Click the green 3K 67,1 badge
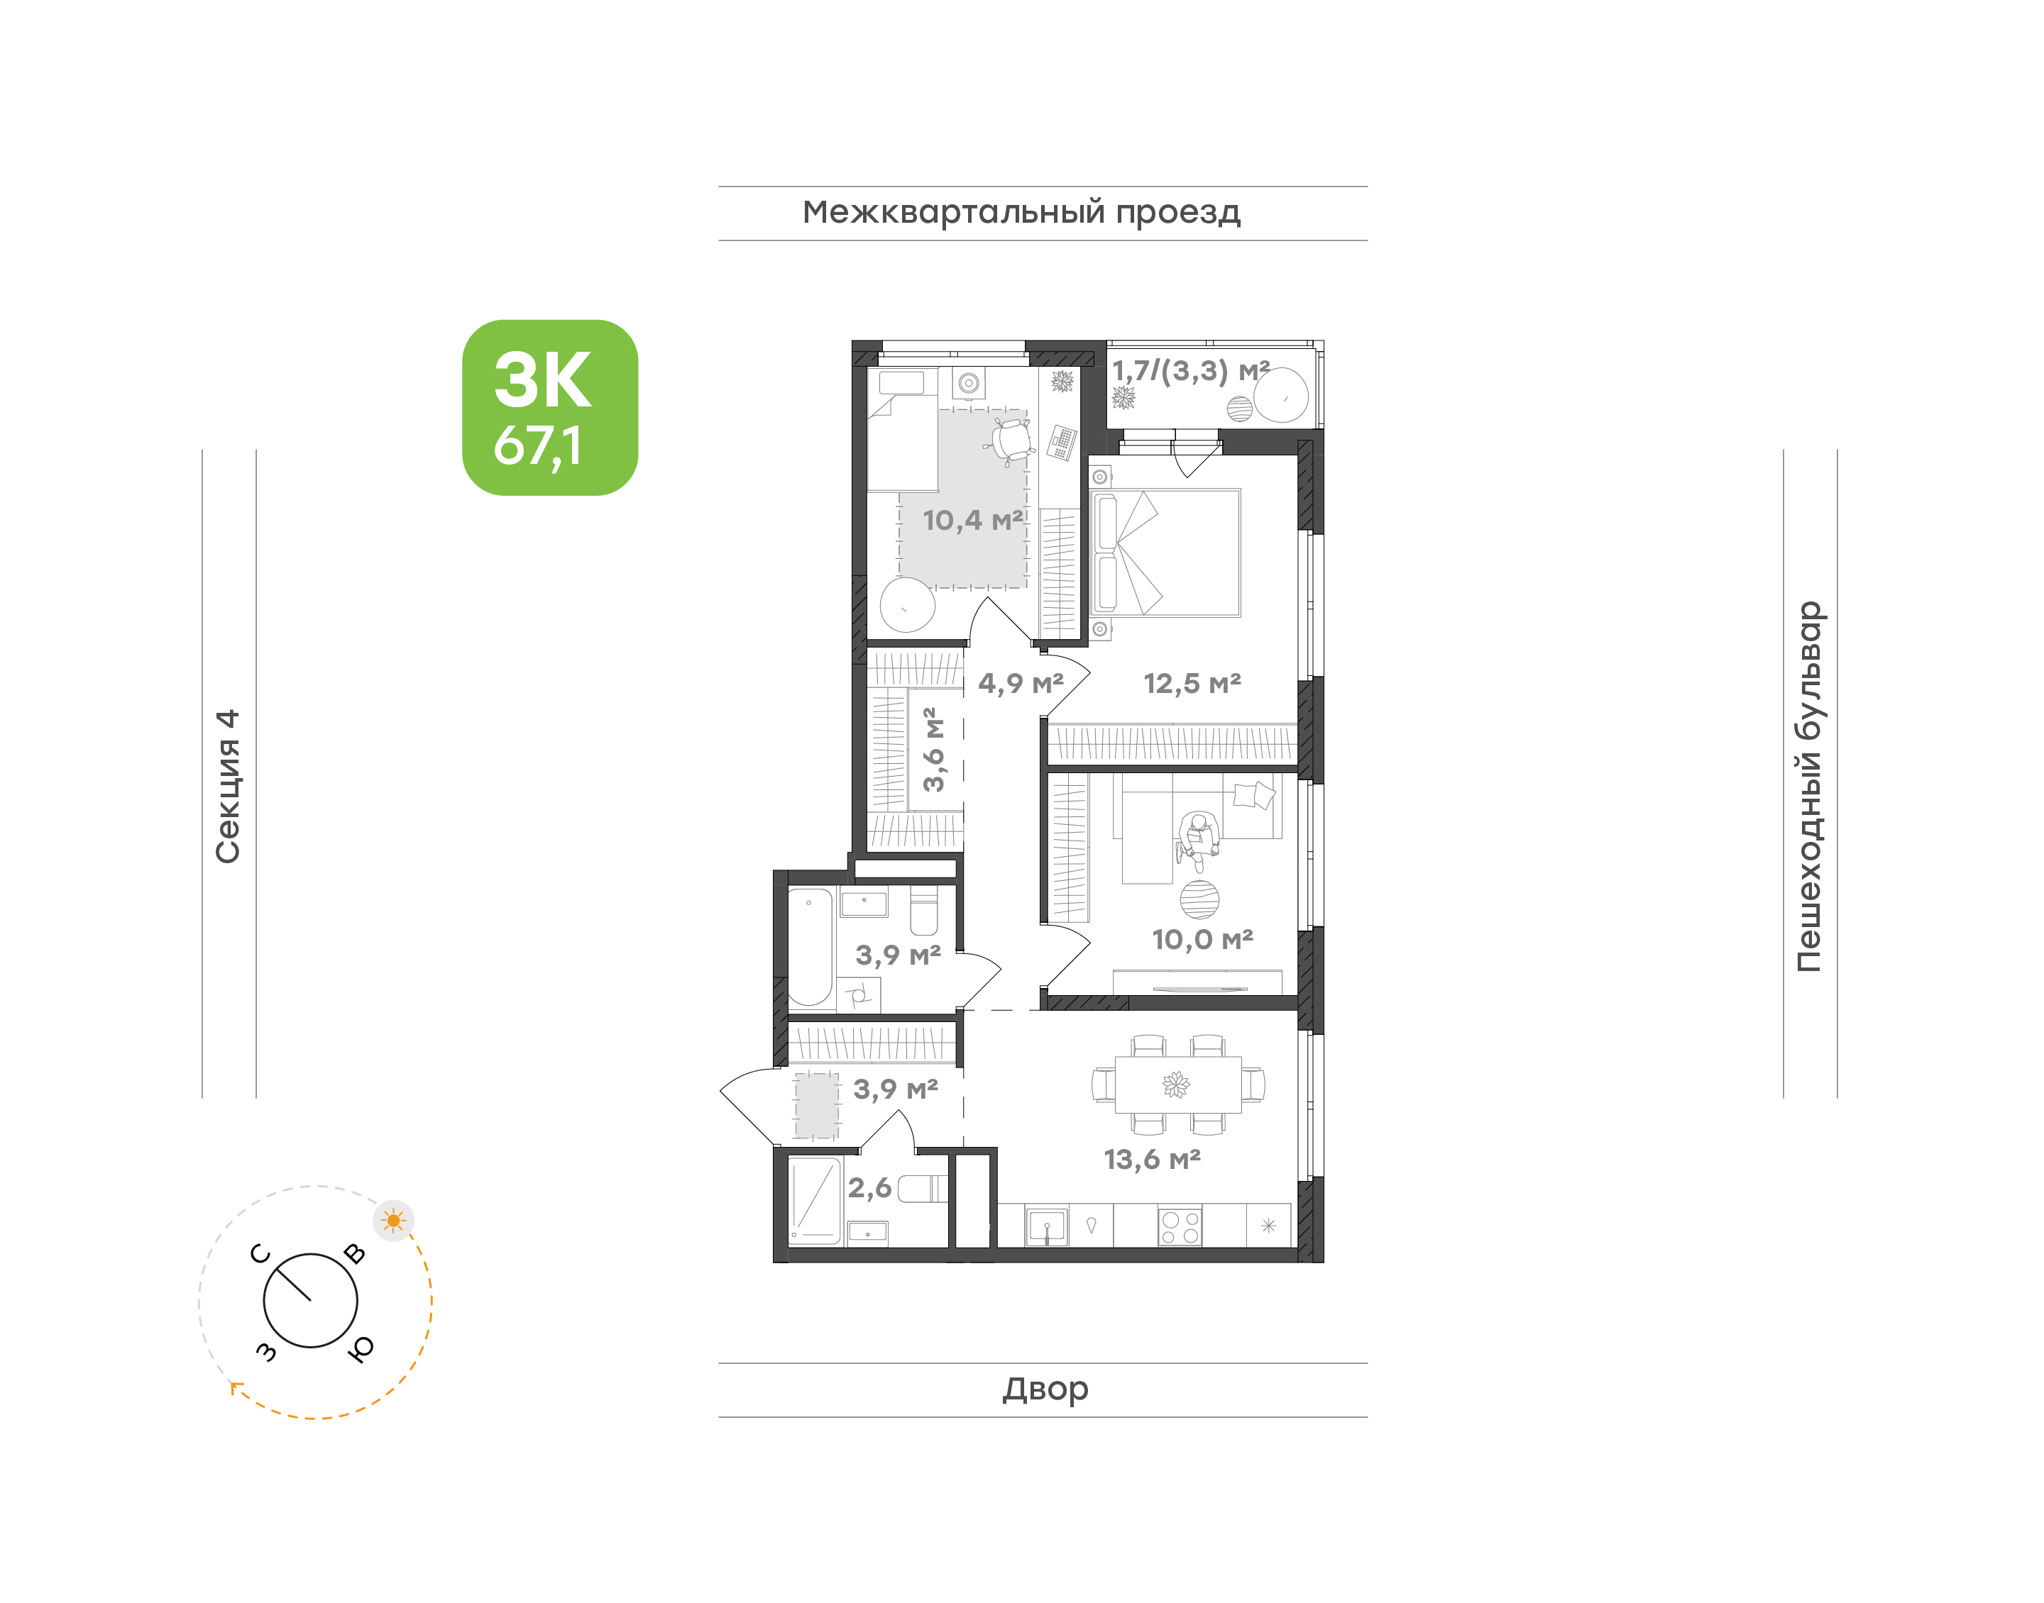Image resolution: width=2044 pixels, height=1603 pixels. (549, 407)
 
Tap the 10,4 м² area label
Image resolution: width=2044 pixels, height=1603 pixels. (973, 520)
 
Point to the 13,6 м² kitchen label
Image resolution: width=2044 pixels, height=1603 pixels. (1152, 1159)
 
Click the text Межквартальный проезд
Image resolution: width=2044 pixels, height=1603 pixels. (1021, 212)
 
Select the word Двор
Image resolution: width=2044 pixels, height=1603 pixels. (1045, 1389)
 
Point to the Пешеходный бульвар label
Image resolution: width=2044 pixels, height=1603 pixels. (1808, 787)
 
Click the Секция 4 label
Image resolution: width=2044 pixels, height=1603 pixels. (228, 787)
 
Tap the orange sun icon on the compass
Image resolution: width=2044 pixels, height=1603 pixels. (393, 1220)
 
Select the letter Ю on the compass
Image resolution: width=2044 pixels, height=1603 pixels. (361, 1348)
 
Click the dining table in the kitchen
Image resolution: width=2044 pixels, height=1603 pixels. (1177, 1085)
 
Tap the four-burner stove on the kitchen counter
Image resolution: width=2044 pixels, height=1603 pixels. (1180, 1226)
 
